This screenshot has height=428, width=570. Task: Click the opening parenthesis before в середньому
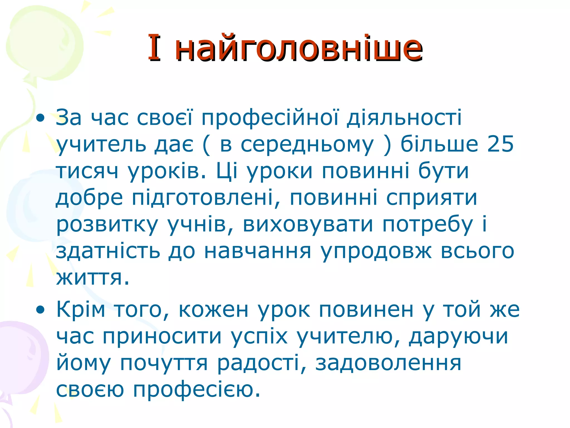click(206, 145)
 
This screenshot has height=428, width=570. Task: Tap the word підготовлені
click(202, 198)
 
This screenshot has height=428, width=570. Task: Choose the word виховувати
click(308, 224)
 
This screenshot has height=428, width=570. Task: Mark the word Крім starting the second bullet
click(81, 309)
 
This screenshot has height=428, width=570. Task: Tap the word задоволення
click(388, 363)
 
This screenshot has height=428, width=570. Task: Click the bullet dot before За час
click(41, 118)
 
